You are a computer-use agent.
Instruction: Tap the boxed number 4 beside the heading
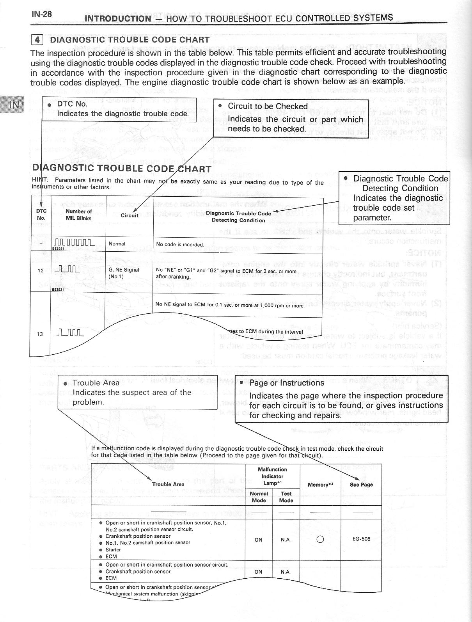pos(37,39)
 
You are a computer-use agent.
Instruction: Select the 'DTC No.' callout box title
pos(72,104)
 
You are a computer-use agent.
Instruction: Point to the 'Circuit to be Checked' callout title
pos(268,106)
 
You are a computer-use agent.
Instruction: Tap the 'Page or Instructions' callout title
pos(286,383)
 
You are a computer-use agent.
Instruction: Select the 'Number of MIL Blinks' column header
pos(78,215)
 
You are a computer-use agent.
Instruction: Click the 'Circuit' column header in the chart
pos(130,215)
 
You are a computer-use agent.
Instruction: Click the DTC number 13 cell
pos(40,334)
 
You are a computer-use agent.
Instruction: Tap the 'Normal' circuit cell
pos(117,244)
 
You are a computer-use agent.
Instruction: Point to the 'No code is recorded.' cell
pos(180,245)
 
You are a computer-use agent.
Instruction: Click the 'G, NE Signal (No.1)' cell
pos(124,273)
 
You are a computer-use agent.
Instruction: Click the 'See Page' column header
pos(361,485)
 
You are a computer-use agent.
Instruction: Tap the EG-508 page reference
pos(361,539)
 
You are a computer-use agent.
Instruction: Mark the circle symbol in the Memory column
pos(320,540)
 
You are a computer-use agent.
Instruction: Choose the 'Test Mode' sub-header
pos(286,497)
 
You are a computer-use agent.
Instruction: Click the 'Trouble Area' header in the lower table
pos(168,484)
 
